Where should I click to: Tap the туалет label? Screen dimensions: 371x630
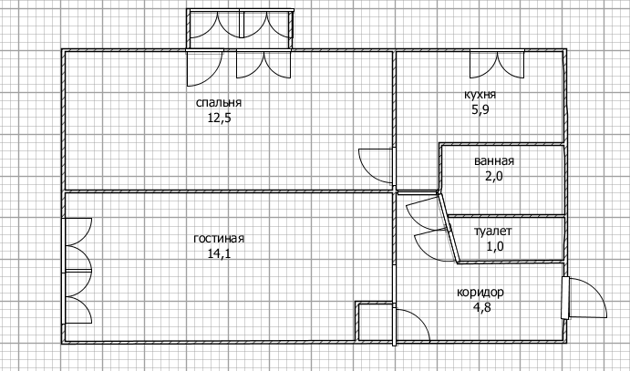[494, 232]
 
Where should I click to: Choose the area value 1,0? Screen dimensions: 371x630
[494, 246]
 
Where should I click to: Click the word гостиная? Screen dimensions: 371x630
[220, 239]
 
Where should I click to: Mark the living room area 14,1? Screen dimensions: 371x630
[220, 253]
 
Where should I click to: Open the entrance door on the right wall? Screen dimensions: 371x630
[584, 299]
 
